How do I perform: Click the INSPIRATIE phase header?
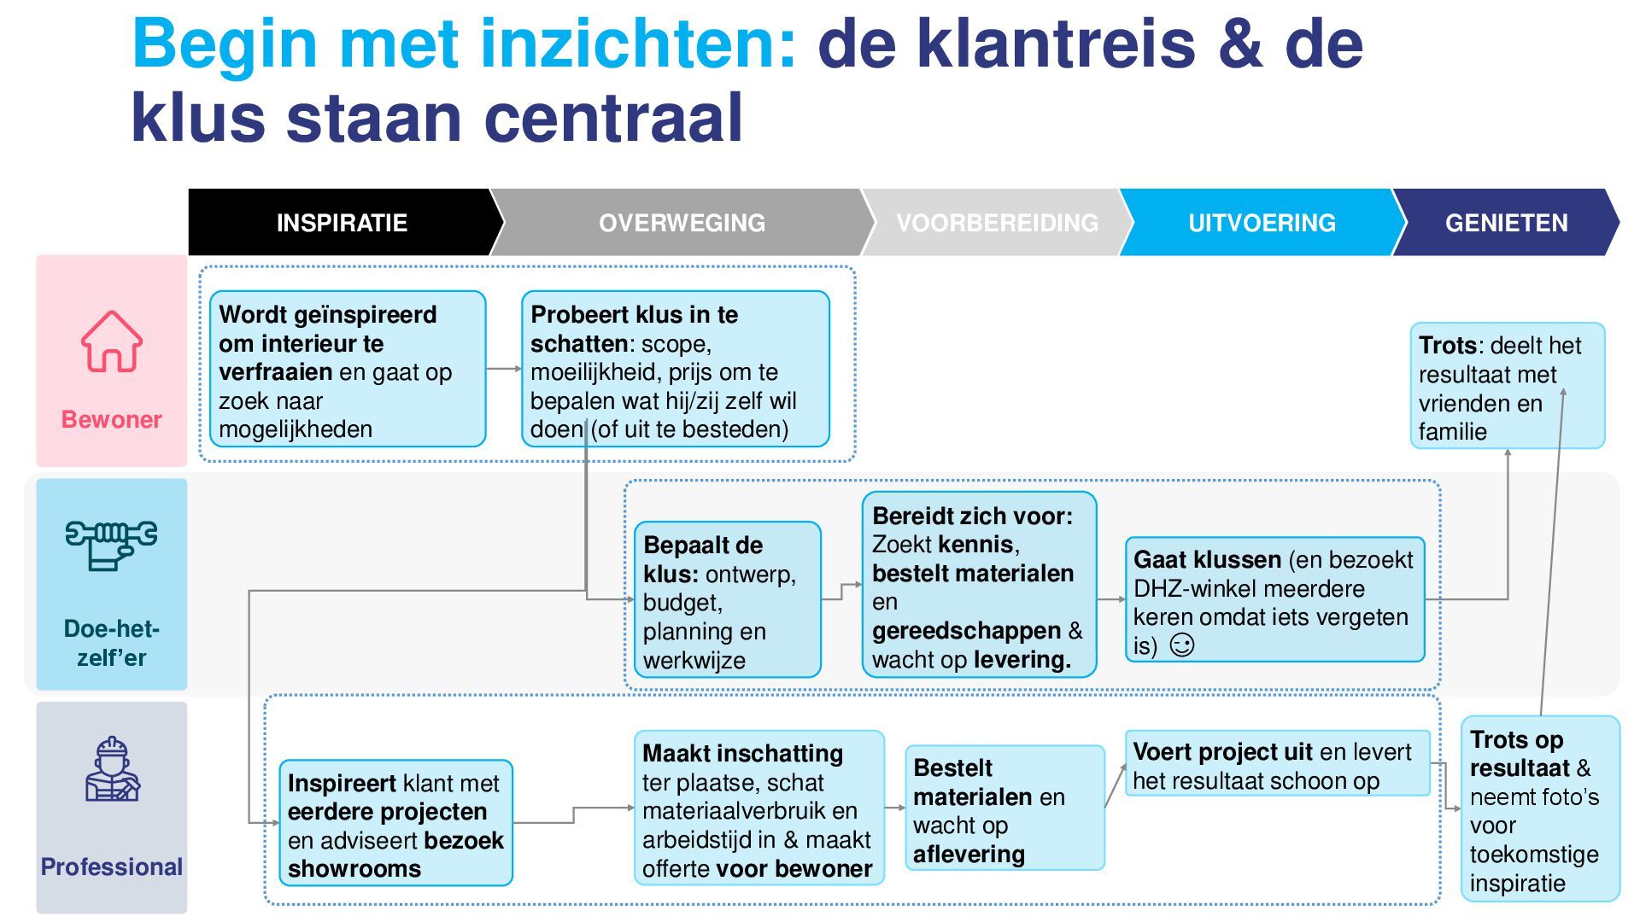[x=342, y=223]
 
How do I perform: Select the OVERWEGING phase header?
[x=682, y=223]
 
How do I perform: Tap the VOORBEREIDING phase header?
[x=997, y=223]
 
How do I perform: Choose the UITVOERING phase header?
[x=1262, y=223]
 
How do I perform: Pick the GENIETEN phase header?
[x=1506, y=223]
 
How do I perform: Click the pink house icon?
[x=112, y=341]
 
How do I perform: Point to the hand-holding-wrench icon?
[x=111, y=544]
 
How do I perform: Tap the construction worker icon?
[x=112, y=769]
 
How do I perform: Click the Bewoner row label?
[x=111, y=419]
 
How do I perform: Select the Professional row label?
[x=112, y=867]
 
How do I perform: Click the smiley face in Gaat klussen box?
[x=1181, y=645]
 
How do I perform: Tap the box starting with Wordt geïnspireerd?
[x=348, y=369]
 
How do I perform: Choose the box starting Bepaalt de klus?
[x=727, y=600]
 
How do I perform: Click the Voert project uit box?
[x=1277, y=764]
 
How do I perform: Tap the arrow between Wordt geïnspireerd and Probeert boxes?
[x=504, y=369]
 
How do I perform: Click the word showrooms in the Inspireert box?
[x=354, y=869]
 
